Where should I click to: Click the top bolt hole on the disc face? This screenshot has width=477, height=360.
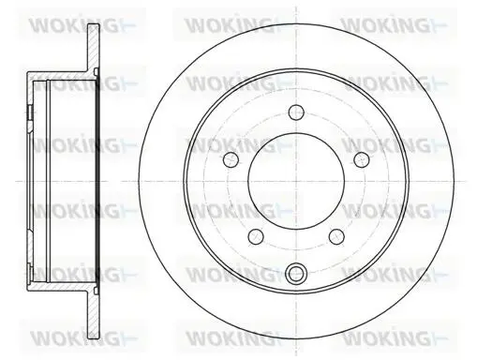296,112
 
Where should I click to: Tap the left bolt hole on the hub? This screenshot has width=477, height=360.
231,159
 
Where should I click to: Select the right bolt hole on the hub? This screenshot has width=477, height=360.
362,159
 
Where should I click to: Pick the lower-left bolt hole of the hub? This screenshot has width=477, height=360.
256,236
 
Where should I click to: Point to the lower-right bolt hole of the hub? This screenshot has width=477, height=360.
336,236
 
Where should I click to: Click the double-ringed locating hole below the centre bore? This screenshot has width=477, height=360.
296,273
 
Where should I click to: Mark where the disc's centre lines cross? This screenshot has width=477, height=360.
296,181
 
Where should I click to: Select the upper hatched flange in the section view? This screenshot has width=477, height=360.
93,48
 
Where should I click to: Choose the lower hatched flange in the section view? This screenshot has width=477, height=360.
93,314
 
